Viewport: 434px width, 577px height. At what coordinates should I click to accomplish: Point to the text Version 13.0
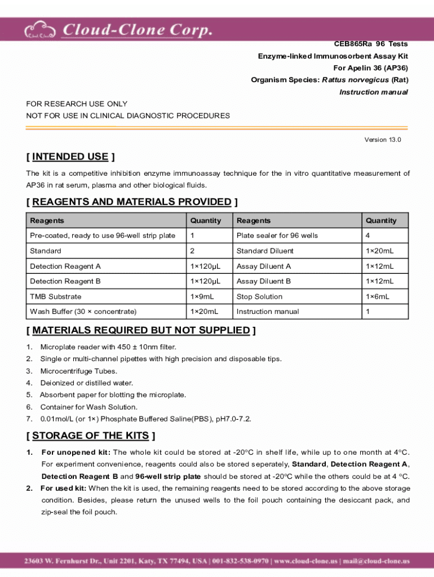[383, 140]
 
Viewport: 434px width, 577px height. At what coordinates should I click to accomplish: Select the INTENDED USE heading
[70, 157]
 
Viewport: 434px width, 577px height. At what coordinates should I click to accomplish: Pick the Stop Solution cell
[259, 296]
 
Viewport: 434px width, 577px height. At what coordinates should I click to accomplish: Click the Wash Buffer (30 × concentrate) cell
[83, 312]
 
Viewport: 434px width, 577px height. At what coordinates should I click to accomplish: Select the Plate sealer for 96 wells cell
[277, 236]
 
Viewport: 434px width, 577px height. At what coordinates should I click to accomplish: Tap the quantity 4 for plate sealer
[367, 236]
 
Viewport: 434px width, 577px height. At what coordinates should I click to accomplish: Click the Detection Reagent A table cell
[65, 266]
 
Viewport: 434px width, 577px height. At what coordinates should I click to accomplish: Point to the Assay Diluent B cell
[264, 281]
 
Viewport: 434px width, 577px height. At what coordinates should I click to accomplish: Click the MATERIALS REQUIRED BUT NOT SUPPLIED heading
[141, 330]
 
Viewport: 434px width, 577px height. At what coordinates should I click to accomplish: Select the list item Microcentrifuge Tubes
[78, 371]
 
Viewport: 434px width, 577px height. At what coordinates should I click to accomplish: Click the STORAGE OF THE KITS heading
[91, 436]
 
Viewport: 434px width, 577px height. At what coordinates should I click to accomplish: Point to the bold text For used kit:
[63, 488]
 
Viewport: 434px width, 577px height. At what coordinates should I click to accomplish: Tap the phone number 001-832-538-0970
[242, 561]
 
